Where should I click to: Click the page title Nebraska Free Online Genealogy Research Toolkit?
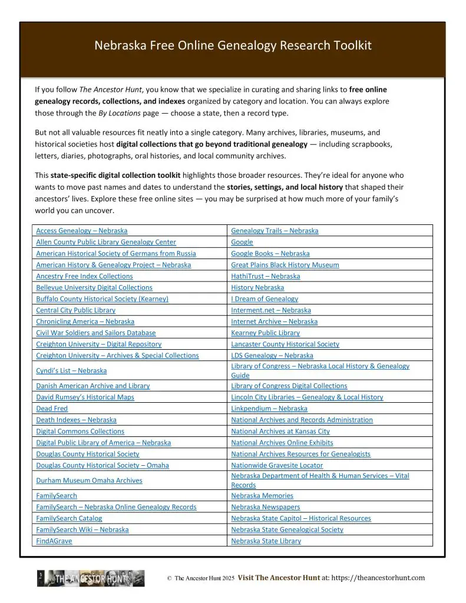point(233,45)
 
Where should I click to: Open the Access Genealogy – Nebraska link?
point(81,231)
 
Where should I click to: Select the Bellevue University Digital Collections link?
point(94,287)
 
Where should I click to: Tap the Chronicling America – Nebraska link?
point(85,322)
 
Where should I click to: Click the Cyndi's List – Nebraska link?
point(71,371)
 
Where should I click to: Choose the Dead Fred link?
point(52,409)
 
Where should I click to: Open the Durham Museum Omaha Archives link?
point(89,481)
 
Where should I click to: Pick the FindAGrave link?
point(54,541)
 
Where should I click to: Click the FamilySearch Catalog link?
point(69,518)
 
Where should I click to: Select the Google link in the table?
point(242,242)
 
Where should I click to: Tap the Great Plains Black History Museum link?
point(285,265)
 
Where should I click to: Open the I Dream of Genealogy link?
point(265,299)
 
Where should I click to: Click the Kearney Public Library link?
point(265,333)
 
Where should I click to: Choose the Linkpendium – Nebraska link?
point(269,409)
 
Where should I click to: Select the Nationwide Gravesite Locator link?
point(277,465)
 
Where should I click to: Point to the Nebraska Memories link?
point(262,496)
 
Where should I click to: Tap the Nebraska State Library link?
point(266,541)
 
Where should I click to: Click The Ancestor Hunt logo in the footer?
point(91,578)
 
